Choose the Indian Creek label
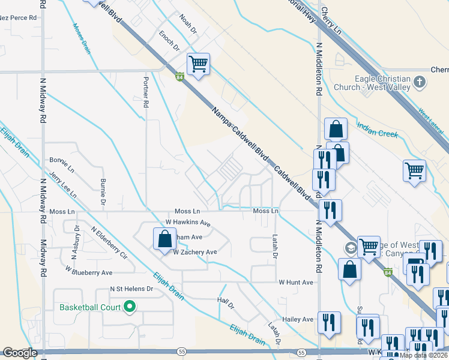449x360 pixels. tap(378, 130)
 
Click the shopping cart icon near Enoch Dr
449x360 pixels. tap(198, 64)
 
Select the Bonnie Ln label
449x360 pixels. tap(62, 162)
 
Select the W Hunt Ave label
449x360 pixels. tap(296, 281)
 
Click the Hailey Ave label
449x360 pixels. tap(299, 319)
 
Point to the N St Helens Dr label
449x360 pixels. tap(132, 289)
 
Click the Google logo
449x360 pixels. tap(20, 353)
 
